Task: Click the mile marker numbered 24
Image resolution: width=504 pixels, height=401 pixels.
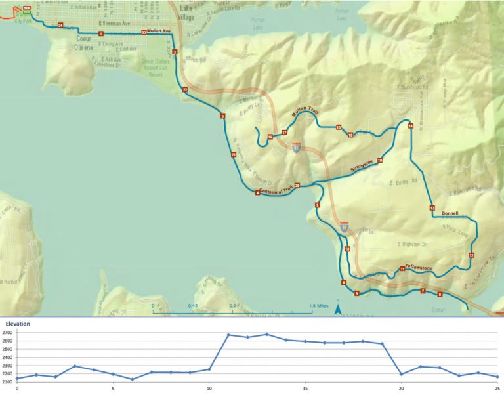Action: coord(60,26)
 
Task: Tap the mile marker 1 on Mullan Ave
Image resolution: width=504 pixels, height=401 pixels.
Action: coord(101,33)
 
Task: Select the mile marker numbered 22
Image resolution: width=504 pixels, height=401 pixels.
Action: coord(185,89)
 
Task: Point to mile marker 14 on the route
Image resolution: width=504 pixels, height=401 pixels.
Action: coord(411,125)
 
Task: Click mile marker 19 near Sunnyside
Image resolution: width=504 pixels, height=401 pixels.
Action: coord(380,160)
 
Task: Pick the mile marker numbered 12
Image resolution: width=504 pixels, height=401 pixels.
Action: coord(471,255)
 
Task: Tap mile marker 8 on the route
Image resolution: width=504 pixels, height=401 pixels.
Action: coord(440,295)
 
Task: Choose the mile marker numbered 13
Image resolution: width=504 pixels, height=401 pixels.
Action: coord(432,208)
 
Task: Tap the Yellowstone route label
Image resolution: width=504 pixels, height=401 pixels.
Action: coord(420,267)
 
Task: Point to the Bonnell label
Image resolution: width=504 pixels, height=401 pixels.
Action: coord(451,213)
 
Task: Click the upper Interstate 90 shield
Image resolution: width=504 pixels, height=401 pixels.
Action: coord(297,148)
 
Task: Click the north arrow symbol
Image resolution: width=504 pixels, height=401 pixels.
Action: coord(337,308)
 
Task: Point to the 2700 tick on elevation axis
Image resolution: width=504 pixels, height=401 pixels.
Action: coord(7,334)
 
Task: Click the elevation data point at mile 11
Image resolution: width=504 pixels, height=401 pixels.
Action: coord(228,335)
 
